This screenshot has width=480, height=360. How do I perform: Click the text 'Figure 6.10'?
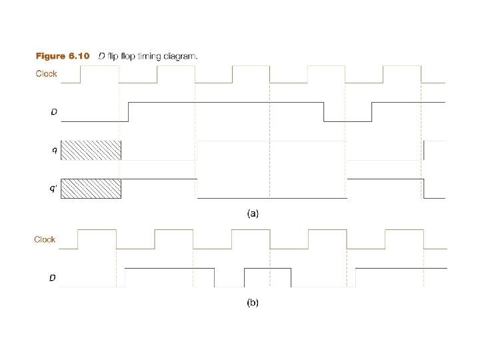62,56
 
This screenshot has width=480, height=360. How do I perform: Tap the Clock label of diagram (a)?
46,73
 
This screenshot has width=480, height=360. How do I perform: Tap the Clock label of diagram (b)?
45,239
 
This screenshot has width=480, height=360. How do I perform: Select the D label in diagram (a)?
54,111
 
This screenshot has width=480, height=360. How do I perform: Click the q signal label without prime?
54,150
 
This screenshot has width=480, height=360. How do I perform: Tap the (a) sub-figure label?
253,214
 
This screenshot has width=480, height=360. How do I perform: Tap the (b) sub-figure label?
253,303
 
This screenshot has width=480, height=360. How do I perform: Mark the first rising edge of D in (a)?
128,112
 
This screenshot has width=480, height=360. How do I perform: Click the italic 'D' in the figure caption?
101,56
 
